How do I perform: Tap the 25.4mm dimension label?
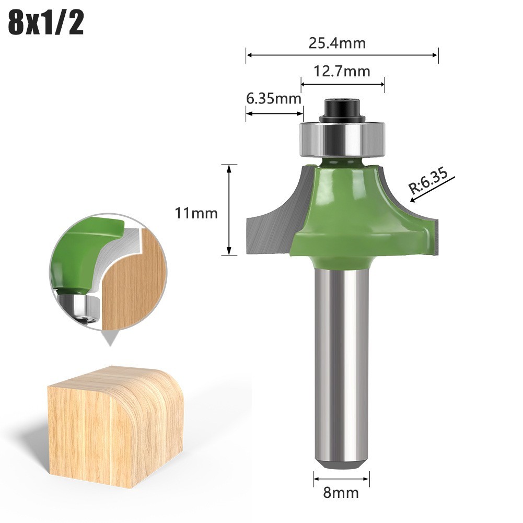point(337,43)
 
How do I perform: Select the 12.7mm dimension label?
point(342,72)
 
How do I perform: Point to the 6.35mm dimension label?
point(273,98)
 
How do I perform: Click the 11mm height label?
point(196,213)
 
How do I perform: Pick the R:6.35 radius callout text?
point(428,181)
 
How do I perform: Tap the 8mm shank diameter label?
point(341,493)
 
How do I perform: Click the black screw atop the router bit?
point(342,110)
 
